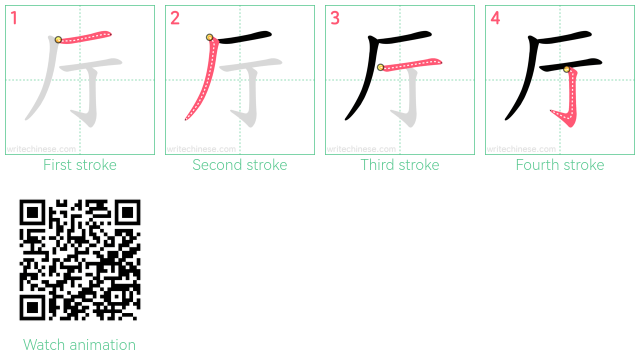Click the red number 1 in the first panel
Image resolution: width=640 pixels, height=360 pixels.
pyautogui.click(x=14, y=17)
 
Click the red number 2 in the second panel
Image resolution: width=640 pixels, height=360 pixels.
pyautogui.click(x=175, y=17)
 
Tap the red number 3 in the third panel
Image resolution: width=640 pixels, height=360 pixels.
pyautogui.click(x=335, y=17)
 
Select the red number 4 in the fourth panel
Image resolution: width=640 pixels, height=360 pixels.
pyautogui.click(x=495, y=17)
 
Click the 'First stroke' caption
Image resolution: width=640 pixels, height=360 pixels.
pyautogui.click(x=79, y=165)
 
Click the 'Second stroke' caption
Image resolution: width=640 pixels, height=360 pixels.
pyautogui.click(x=239, y=165)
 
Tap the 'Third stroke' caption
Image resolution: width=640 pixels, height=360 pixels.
pyautogui.click(x=399, y=165)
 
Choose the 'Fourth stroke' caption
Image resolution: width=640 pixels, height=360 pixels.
pyautogui.click(x=559, y=165)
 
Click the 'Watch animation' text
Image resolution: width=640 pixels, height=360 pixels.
pyautogui.click(x=79, y=344)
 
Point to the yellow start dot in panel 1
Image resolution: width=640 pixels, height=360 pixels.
pyautogui.click(x=58, y=39)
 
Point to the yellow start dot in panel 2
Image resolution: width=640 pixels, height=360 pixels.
pyautogui.click(x=209, y=37)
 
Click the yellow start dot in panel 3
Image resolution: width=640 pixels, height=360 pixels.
pyautogui.click(x=380, y=67)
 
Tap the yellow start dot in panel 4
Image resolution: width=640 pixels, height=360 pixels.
pyautogui.click(x=567, y=69)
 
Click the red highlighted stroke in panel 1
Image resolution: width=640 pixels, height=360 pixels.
pyautogui.click(x=85, y=37)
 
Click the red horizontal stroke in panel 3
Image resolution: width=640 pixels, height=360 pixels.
pyautogui.click(x=411, y=64)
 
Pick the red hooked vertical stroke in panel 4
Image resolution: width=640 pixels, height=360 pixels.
pyautogui.click(x=572, y=97)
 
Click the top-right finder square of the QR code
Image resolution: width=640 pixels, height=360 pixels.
pyautogui.click(x=127, y=212)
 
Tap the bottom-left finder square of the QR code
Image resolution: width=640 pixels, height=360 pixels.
pyautogui.click(x=32, y=307)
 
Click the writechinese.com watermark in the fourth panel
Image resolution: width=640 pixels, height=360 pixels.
pyautogui.click(x=521, y=149)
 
